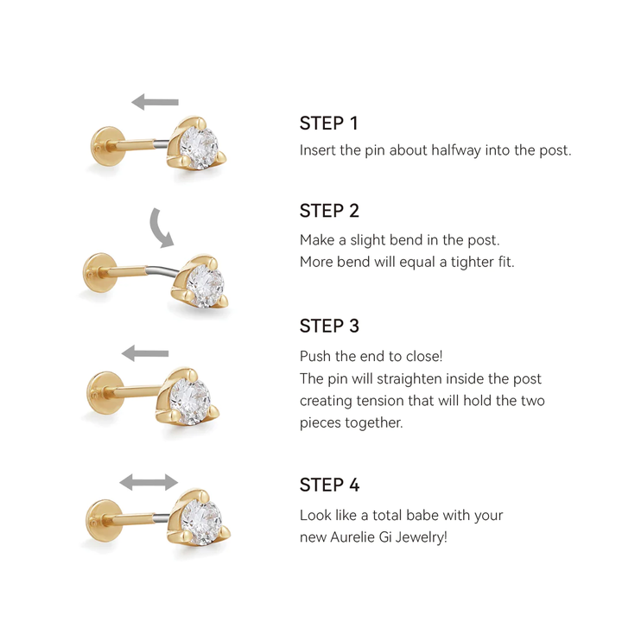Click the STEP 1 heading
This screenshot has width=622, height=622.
click(328, 123)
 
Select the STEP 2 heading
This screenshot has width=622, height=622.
click(329, 211)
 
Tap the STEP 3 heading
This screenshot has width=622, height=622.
click(329, 326)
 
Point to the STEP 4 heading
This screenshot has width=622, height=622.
click(329, 485)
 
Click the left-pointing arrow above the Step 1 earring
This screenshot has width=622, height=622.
click(155, 103)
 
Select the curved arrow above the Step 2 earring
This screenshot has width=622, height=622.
click(160, 226)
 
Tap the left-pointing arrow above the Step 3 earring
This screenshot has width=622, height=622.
click(145, 352)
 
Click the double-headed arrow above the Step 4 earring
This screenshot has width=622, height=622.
click(149, 482)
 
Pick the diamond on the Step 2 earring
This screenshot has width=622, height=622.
click(205, 282)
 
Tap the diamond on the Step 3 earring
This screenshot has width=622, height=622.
click(190, 397)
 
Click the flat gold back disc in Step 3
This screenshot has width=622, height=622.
click(103, 396)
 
